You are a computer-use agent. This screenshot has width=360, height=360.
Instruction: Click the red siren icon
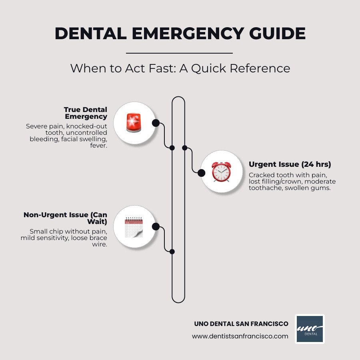click(134, 122)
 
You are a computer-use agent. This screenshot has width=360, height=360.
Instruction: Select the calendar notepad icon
click(134, 227)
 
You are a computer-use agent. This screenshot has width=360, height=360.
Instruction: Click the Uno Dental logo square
click(310, 329)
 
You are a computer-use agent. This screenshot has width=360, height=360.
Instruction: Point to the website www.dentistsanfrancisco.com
click(240, 336)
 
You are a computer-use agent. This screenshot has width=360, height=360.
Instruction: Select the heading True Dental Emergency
click(86, 113)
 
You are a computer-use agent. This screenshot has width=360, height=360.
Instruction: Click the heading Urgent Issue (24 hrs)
click(290, 164)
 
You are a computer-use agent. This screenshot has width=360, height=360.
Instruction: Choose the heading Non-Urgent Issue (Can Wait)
click(66, 218)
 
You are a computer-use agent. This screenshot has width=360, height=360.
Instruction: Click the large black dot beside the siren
click(156, 123)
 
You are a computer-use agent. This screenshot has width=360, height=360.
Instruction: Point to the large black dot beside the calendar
click(156, 227)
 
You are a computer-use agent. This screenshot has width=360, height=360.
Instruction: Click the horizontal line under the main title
click(179, 53)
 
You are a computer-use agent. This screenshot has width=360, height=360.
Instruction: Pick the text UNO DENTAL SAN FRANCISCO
click(241, 323)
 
